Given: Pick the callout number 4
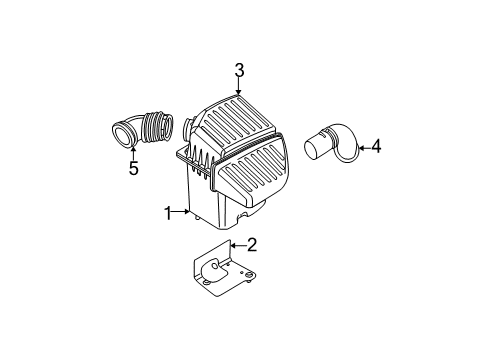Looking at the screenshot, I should tap(376, 148).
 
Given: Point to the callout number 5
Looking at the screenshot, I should tap(133, 169).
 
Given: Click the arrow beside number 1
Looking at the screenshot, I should tap(184, 212).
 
